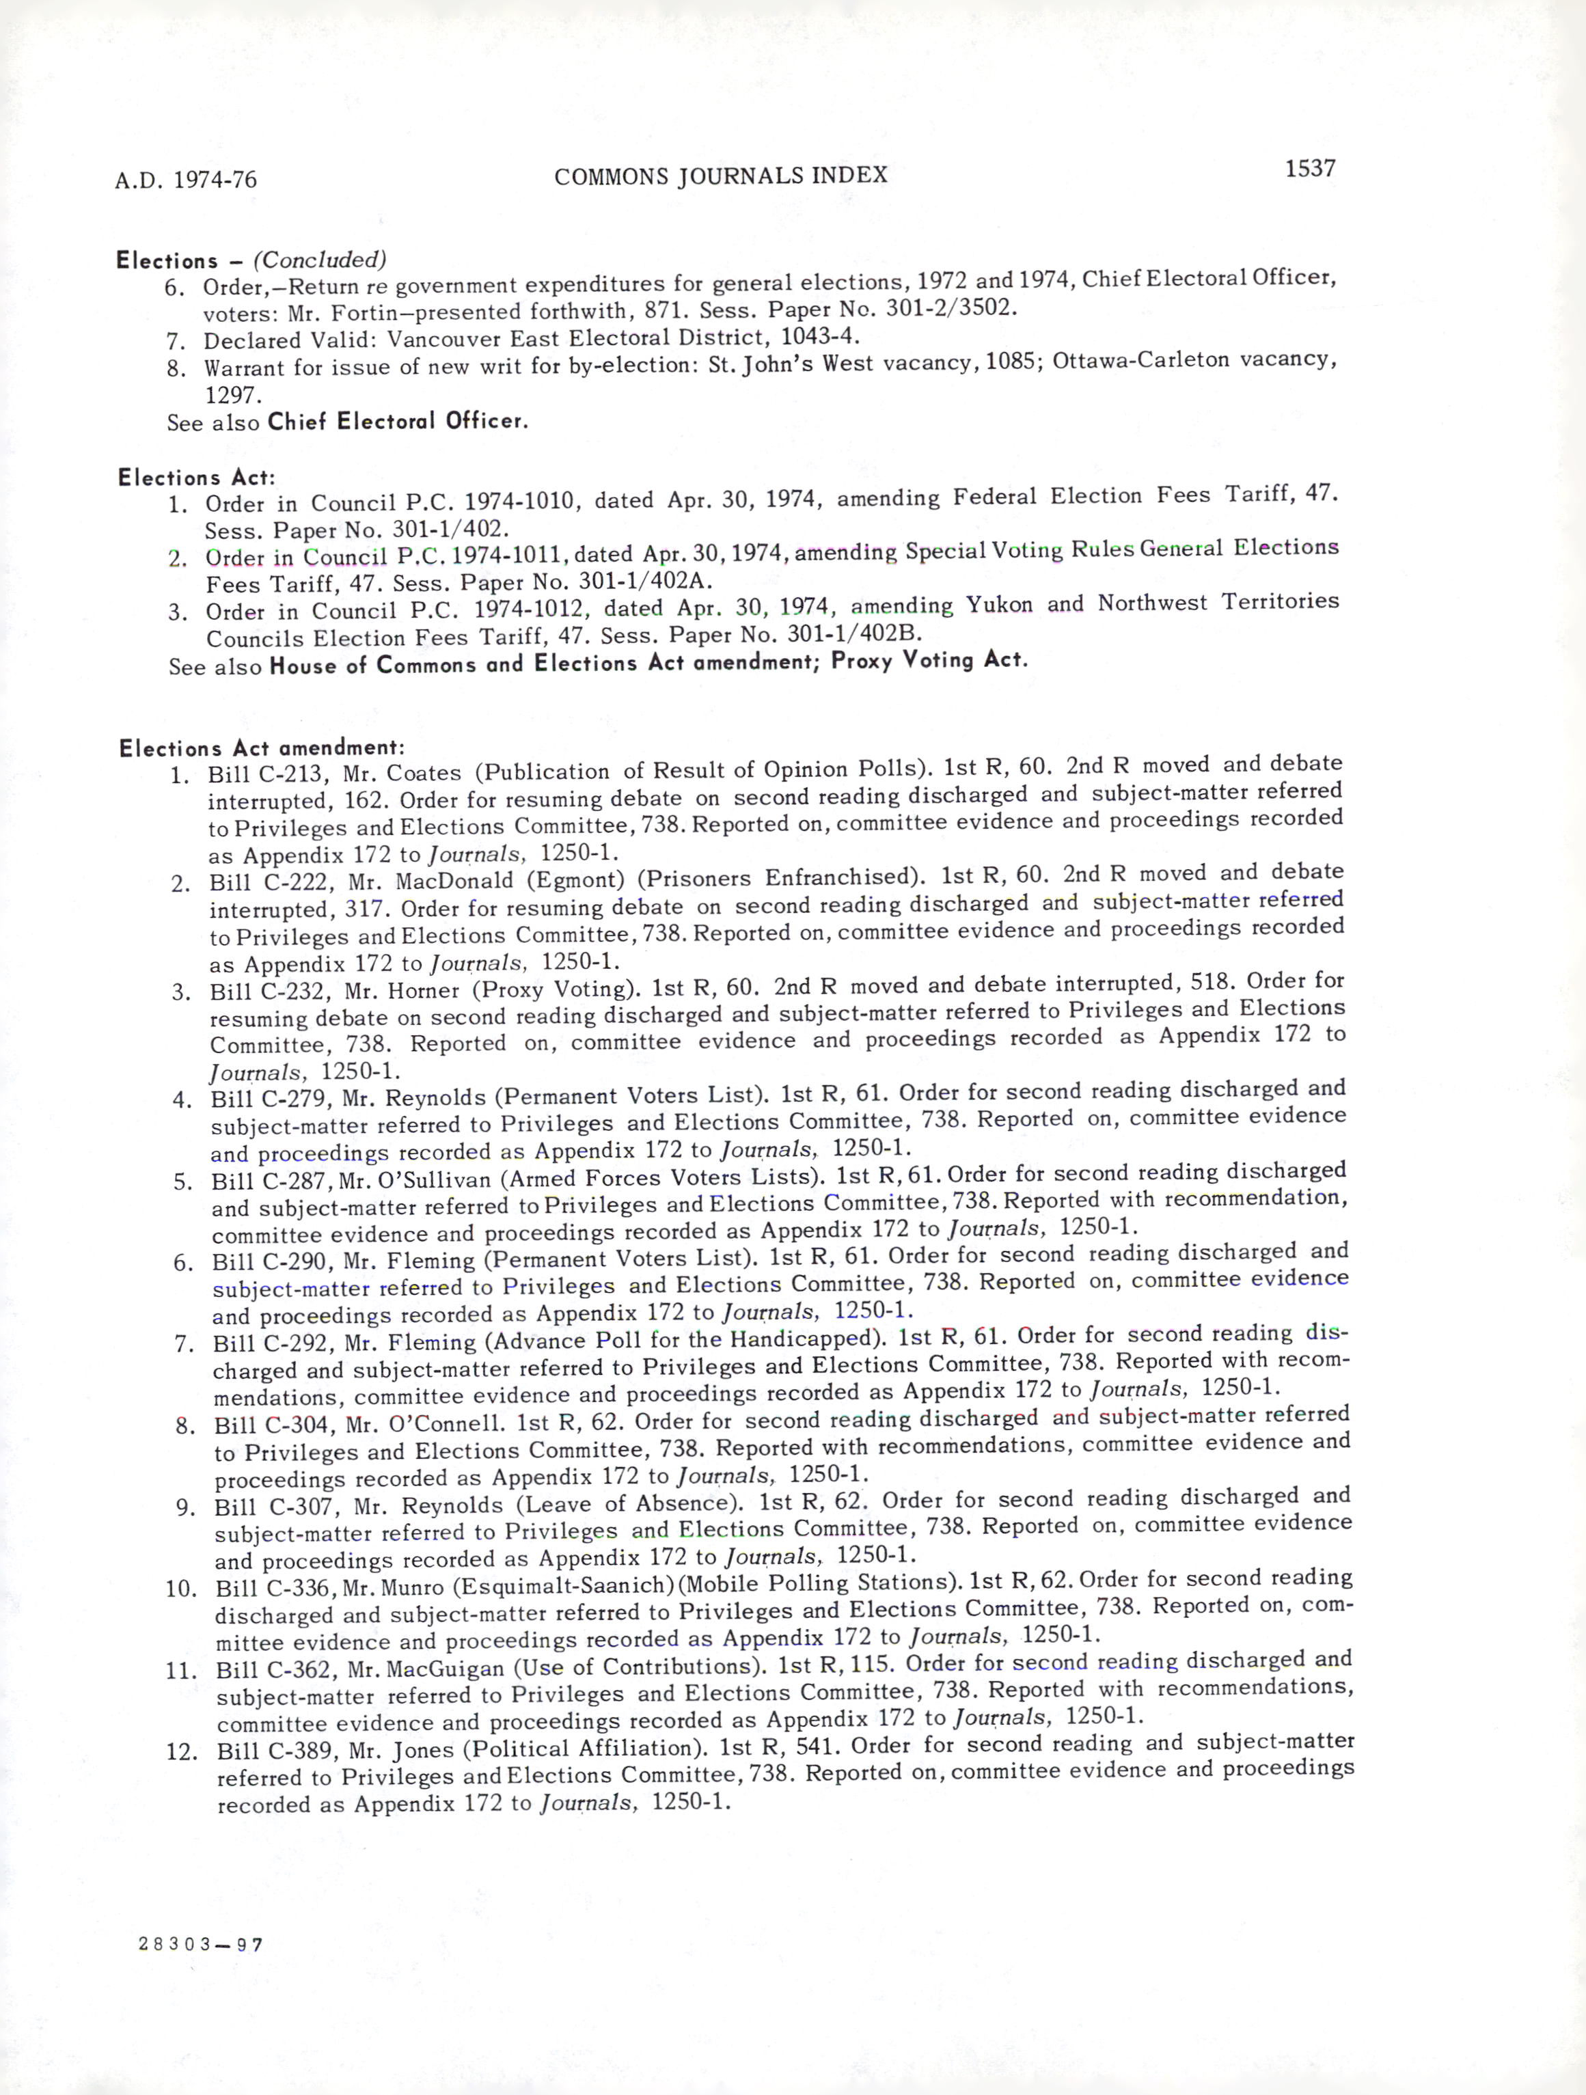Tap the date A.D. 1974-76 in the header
coord(186,180)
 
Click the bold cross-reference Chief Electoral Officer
coord(398,420)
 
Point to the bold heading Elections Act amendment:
coord(262,748)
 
